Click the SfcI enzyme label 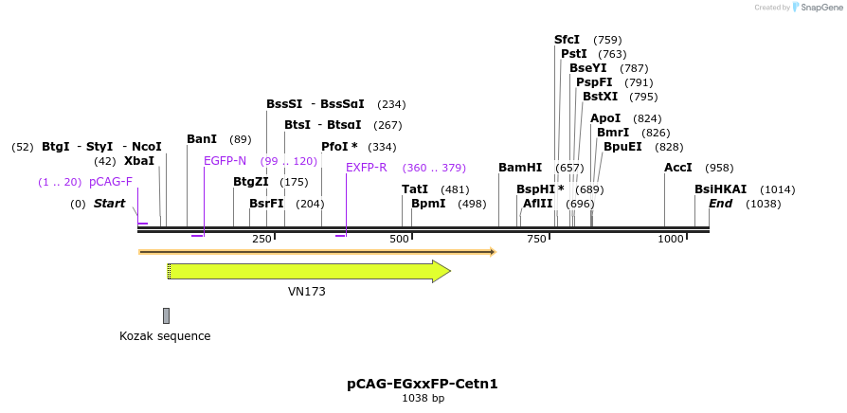coord(567,40)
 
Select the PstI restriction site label coord(573,54)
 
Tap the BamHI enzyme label coord(520,168)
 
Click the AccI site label coord(678,168)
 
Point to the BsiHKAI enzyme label coord(720,189)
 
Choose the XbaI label coord(139,161)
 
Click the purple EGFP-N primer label coord(225,161)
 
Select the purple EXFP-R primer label coord(366,168)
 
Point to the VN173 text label coord(307,292)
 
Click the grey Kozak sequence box coord(166,315)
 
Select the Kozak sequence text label coord(165,336)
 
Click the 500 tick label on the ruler coord(399,239)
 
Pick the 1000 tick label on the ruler coord(671,239)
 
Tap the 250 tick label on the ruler coord(261,239)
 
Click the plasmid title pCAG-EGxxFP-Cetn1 coord(423,384)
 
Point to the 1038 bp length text coord(423,399)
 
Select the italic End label coord(720,204)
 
